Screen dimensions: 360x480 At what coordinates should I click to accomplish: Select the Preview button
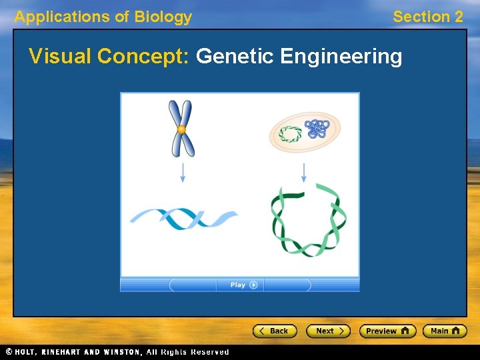click(387, 331)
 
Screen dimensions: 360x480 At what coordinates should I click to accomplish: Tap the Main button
click(445, 331)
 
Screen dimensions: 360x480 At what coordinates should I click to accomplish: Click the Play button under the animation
click(239, 285)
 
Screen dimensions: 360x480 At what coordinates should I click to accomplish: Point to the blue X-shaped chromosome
click(180, 128)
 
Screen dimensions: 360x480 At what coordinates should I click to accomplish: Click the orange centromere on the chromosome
click(181, 129)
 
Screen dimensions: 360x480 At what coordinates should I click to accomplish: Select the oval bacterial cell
click(305, 132)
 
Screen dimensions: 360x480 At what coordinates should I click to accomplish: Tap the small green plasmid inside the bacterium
click(290, 134)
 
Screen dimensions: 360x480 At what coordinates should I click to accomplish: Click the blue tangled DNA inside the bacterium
click(315, 128)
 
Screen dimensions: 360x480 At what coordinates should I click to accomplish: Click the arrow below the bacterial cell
click(304, 173)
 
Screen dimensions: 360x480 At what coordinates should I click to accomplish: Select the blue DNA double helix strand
click(183, 219)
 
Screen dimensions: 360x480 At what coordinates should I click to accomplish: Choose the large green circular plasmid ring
click(308, 221)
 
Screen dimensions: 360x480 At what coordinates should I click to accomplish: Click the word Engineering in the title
click(341, 57)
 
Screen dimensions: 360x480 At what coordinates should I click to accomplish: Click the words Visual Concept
click(109, 57)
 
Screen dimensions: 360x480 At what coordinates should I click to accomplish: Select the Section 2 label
click(427, 17)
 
